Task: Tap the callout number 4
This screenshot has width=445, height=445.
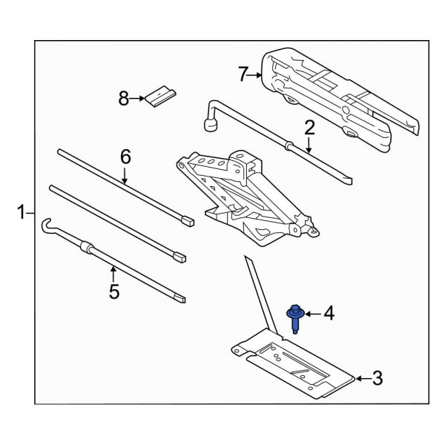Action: (329, 315)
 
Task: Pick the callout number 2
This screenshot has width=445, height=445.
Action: (309, 127)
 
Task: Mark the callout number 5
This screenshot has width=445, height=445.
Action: (113, 291)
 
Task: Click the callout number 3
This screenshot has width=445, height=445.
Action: (377, 379)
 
